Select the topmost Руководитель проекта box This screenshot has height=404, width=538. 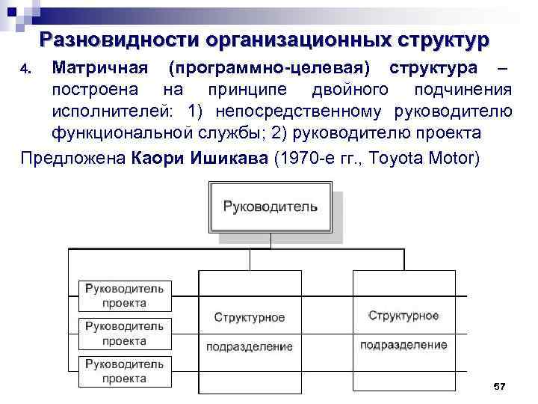coord(125,295)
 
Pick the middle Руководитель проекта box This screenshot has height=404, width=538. coord(125,333)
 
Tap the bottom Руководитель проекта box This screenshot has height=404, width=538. coord(125,371)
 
